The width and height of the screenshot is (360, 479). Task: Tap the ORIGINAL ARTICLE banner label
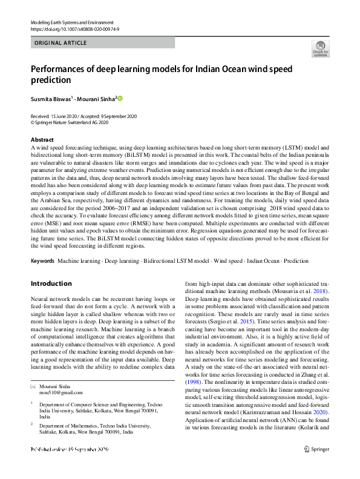61,43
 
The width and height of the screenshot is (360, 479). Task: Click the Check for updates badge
320,48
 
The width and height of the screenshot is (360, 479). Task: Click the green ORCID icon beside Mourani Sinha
120,98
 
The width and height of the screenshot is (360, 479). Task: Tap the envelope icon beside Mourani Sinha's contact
33,385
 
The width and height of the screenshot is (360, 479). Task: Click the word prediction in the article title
53,79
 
